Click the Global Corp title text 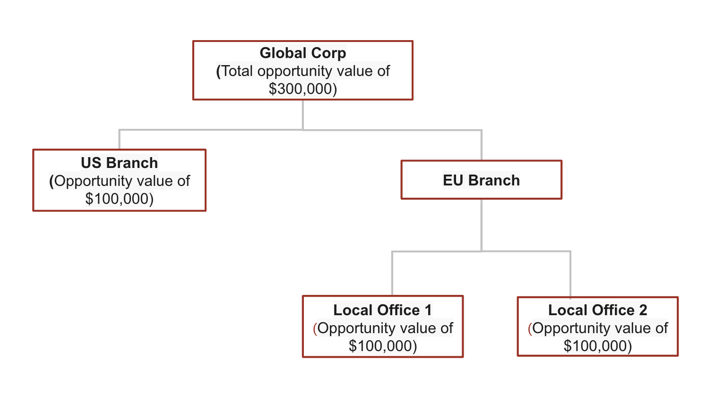tap(302, 53)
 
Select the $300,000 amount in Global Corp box tap(301, 89)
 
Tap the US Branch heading tap(119, 163)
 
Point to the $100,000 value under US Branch tap(117, 199)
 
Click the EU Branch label tap(482, 180)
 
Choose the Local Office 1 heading tap(383, 310)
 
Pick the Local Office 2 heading tap(598, 310)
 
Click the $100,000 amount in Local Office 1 tap(380, 346)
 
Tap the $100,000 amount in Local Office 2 tap(595, 346)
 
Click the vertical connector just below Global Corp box tap(302, 115)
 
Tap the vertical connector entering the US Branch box tap(119, 139)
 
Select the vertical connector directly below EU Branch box tap(482, 225)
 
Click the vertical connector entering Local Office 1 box tap(392, 273)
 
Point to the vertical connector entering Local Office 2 tap(570, 274)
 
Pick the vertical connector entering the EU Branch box tap(482, 145)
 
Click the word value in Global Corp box tap(355, 71)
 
